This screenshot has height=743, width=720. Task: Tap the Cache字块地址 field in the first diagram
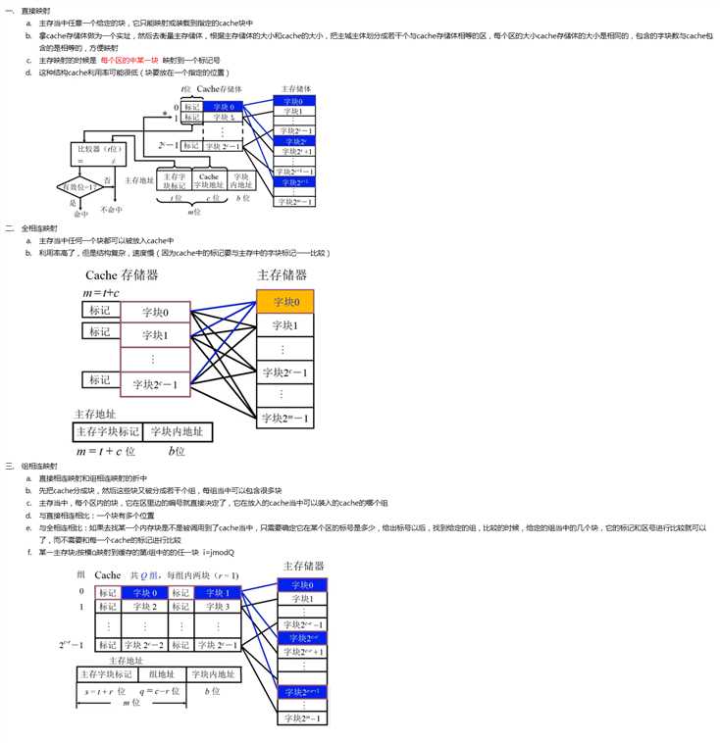tap(207, 180)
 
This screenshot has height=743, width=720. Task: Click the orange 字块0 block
tap(284, 301)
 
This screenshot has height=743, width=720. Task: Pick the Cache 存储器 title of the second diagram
tap(121, 275)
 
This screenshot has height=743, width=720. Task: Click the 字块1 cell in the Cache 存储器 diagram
tap(156, 336)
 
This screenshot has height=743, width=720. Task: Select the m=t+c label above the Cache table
tap(102, 294)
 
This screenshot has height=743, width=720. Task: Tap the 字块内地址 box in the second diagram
tap(177, 431)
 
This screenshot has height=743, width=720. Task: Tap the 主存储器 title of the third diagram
tap(303, 567)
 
